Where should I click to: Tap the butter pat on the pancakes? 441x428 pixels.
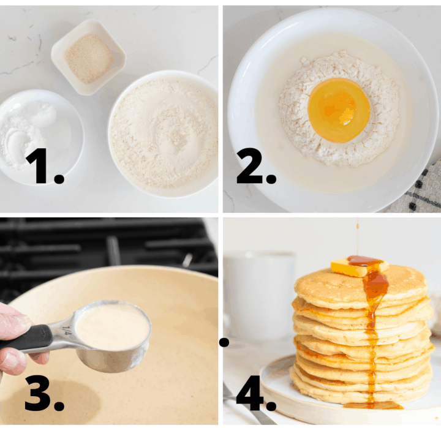359,266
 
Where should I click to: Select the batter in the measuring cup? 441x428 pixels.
112,326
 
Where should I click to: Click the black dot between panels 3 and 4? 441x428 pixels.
224,342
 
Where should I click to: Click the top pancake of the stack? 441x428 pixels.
361,285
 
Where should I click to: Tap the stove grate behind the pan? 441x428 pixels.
110,245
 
